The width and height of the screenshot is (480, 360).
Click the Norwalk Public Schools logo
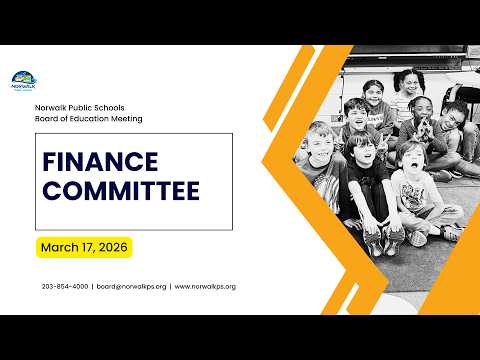pos(24,81)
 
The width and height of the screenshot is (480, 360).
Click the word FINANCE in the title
pos(100,162)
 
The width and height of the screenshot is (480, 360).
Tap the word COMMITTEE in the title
pos(121,191)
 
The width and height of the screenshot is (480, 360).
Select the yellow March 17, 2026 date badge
pos(84,247)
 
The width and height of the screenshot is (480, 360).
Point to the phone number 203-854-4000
pos(65,286)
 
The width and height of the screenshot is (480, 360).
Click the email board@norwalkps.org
pos(131,287)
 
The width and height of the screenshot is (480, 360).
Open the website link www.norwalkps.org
pos(205,287)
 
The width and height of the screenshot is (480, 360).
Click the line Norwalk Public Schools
pos(80,108)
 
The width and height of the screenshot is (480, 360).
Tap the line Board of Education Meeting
pos(89,119)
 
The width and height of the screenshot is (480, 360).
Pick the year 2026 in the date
pos(113,247)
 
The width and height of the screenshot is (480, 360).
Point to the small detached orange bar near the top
pos(289,88)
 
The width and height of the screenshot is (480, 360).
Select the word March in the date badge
pos(59,247)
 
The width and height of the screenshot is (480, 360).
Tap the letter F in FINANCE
pos(50,162)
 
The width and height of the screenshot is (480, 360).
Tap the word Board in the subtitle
pos(45,119)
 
